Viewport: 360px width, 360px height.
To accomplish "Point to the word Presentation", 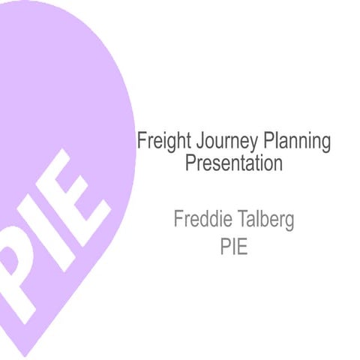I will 234,163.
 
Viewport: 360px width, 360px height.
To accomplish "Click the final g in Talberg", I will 289,223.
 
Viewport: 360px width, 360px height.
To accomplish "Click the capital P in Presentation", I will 190,163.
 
